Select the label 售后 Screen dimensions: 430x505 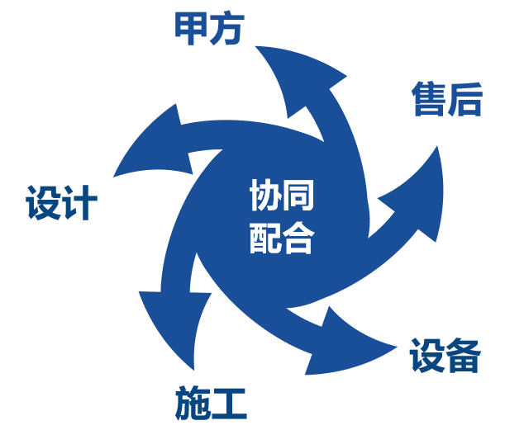[x=446, y=101]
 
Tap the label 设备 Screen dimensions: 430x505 [x=445, y=356]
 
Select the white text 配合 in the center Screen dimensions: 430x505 [x=282, y=239]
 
